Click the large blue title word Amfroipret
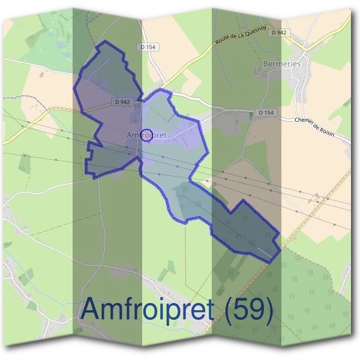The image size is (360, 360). [150, 308]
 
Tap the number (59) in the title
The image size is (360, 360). [247, 308]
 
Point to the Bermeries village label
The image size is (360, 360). [281, 62]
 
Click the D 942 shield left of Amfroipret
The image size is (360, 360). [121, 102]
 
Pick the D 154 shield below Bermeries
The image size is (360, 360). [265, 112]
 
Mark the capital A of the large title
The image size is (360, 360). [90, 308]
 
